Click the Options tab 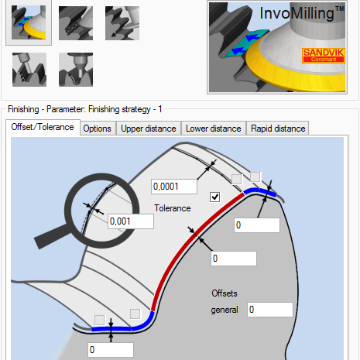tap(97, 129)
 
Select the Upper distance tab tap(149, 129)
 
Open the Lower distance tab tap(214, 129)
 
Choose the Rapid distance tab tap(278, 129)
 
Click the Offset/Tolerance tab tap(43, 127)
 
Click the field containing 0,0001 tap(174, 187)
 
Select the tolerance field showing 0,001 tap(131, 221)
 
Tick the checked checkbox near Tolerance tap(214, 197)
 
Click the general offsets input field tap(270, 310)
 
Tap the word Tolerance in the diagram tap(173, 208)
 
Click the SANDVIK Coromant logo tap(324, 55)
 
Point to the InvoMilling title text tap(302, 13)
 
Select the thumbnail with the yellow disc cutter tap(29, 22)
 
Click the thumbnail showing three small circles tap(76, 23)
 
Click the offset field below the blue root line tap(111, 350)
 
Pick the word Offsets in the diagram tap(225, 293)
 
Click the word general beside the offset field tap(225, 310)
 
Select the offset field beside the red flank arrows tap(234, 259)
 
